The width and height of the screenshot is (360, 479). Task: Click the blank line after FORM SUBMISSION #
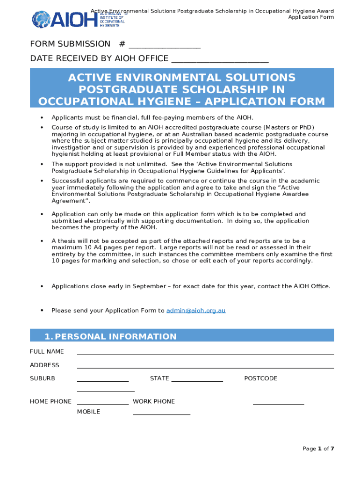(x=165, y=47)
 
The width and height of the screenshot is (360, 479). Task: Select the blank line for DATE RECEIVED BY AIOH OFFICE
(x=220, y=61)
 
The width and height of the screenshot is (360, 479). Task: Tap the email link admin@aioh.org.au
(x=196, y=311)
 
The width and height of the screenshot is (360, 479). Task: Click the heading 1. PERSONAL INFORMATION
(x=110, y=336)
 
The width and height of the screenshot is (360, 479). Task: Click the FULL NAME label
(x=47, y=351)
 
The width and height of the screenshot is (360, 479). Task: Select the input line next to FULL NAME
(x=205, y=354)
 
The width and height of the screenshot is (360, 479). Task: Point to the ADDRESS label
(x=44, y=365)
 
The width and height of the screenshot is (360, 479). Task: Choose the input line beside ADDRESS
(x=205, y=367)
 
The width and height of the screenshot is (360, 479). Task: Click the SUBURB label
(x=43, y=378)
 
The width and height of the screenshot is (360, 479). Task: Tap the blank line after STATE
(x=197, y=381)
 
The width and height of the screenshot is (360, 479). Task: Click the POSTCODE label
(x=260, y=378)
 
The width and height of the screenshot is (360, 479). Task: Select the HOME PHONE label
(x=50, y=401)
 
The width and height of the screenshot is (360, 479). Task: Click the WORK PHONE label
(x=154, y=401)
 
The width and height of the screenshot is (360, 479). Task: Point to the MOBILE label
(x=88, y=412)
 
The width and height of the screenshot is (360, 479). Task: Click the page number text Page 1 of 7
(x=318, y=449)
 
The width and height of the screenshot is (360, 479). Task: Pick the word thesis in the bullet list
(x=66, y=241)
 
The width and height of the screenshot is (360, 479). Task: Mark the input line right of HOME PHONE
(x=102, y=404)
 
